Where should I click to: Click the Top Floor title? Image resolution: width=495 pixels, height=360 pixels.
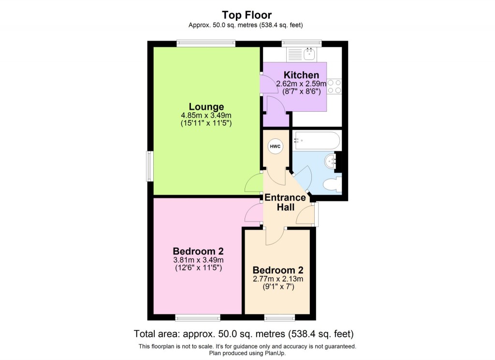point(247,15)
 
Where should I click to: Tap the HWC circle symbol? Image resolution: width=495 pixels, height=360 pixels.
point(275,146)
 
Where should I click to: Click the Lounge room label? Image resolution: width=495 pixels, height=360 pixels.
point(206,106)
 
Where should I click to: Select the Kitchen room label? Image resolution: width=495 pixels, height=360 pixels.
point(301,75)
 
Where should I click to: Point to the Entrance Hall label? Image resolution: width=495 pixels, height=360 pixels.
point(285,202)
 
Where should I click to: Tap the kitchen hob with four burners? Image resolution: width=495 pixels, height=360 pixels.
point(334,86)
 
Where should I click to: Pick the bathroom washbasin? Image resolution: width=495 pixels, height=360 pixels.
point(331,161)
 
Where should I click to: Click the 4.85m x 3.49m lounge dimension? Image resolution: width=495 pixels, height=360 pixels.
point(206,115)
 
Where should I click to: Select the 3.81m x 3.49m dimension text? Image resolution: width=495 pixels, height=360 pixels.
point(198,260)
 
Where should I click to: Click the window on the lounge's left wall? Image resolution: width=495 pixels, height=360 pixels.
point(150,166)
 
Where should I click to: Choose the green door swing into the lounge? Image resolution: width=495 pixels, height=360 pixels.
point(253,184)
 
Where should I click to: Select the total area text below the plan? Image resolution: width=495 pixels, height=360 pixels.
point(244,334)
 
